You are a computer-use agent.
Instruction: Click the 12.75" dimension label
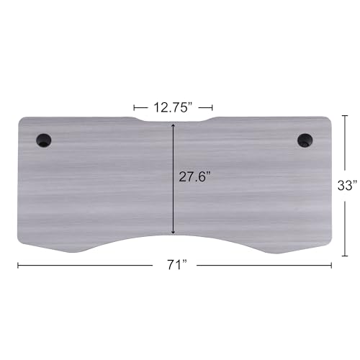[174, 107]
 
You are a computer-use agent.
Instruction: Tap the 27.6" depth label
[194, 177]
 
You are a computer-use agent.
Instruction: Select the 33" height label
[347, 185]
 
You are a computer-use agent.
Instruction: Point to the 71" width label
[177, 265]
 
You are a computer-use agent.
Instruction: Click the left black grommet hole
[44, 140]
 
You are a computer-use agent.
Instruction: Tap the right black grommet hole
[305, 140]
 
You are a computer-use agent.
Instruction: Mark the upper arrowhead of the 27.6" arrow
[173, 125]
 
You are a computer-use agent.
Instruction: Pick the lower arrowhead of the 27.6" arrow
[173, 232]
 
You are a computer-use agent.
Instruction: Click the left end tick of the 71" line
[18, 265]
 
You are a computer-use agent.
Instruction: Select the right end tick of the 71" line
[331, 265]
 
